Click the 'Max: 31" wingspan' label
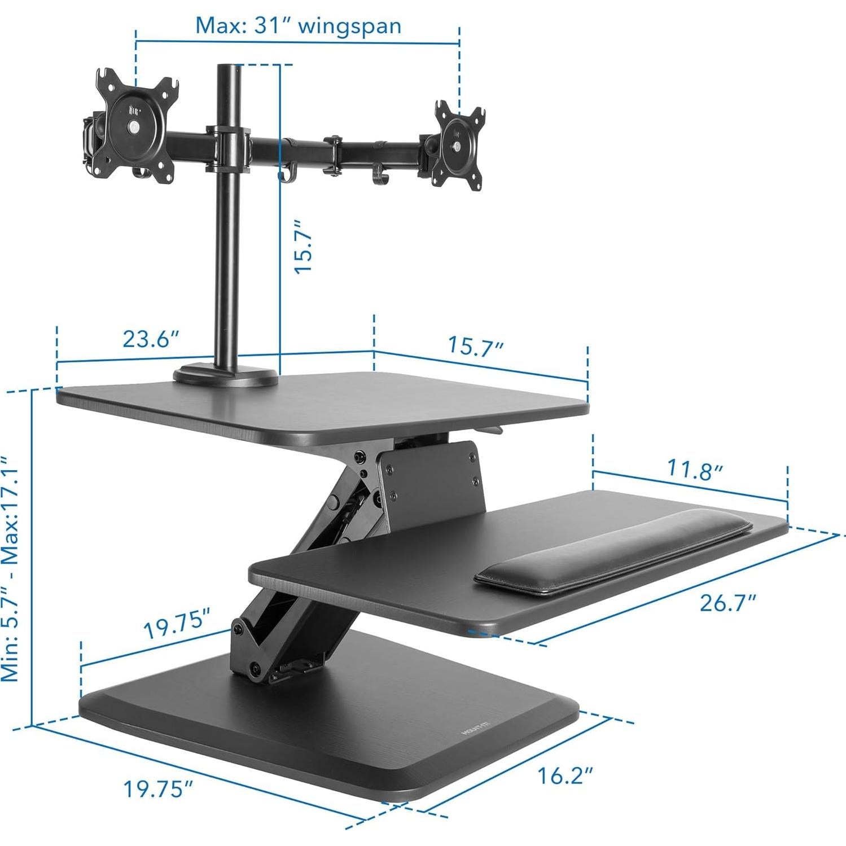pos(298,26)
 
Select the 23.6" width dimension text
pos(151,340)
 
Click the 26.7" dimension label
pos(727,603)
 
